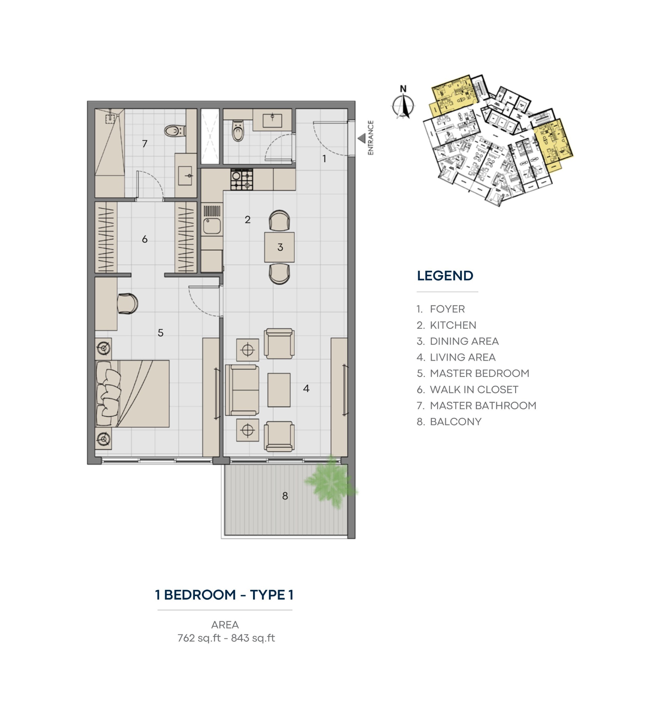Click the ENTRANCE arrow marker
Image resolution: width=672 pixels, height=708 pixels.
coord(362,138)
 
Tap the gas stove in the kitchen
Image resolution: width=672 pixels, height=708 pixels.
coord(242,179)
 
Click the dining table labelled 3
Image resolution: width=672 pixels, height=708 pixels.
coord(280,247)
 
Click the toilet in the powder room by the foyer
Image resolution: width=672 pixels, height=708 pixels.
coord(238,131)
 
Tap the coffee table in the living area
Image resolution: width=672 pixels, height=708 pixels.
coord(279,390)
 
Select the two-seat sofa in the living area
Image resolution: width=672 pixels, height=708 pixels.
coord(242,390)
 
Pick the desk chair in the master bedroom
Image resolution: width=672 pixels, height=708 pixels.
coord(128,304)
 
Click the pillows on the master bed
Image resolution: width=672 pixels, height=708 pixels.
coord(109,394)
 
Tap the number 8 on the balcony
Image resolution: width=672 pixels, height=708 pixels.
coord(285,496)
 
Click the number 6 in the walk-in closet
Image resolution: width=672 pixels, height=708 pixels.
coord(145,239)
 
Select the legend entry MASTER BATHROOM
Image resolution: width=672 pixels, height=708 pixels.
coord(483,406)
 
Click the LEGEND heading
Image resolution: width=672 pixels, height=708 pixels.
coord(445,276)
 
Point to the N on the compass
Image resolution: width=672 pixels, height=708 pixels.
coord(403,88)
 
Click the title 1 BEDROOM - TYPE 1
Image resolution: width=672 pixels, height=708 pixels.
coord(224,595)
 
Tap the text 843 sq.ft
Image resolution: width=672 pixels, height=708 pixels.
coord(253,638)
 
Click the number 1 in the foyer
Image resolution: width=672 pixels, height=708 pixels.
coord(324,158)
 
